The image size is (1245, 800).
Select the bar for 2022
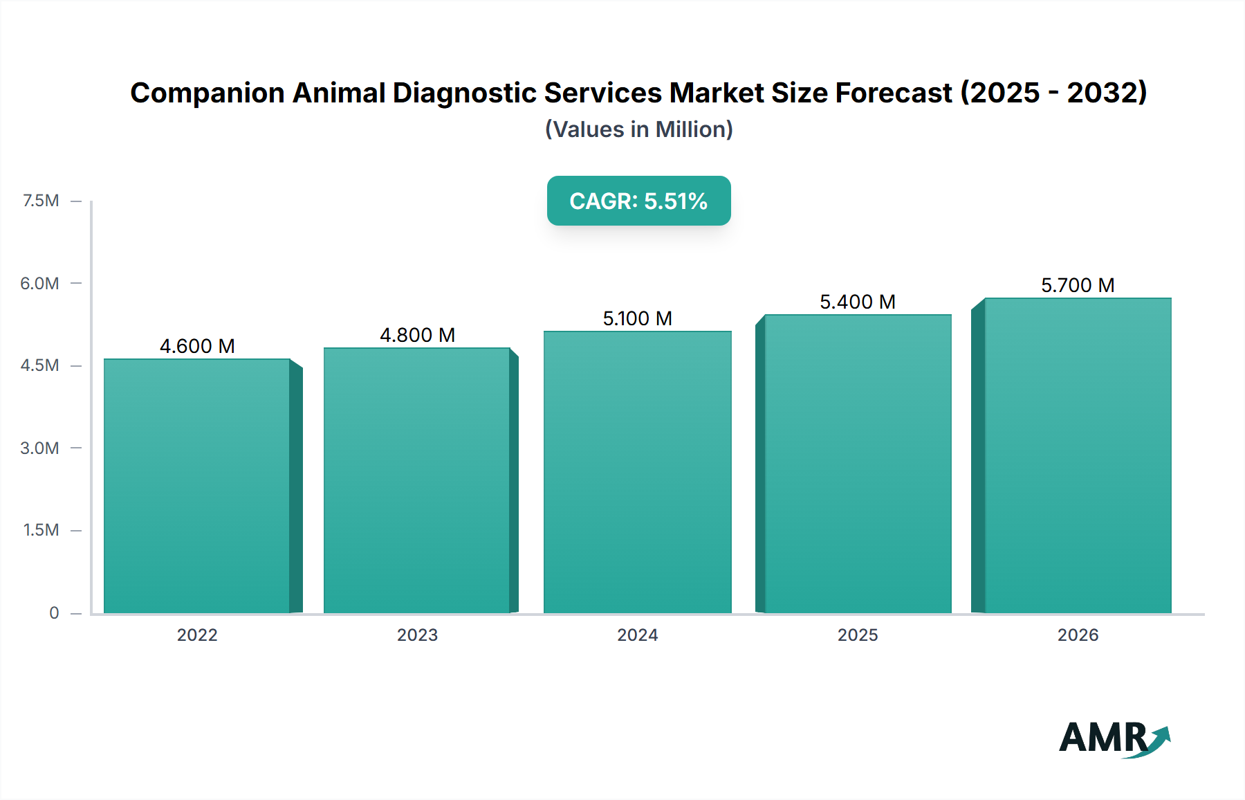(197, 486)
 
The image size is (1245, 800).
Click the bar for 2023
(417, 480)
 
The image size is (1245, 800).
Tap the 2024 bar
(637, 472)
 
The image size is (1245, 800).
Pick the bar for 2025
(858, 464)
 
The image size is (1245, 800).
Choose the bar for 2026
(1078, 455)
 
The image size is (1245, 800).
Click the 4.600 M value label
(197, 346)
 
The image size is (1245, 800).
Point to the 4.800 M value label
(417, 335)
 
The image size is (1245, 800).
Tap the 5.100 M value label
(637, 318)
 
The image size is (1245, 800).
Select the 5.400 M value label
(858, 302)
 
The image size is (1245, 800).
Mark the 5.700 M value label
(1078, 285)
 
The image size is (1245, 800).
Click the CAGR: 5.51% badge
(638, 201)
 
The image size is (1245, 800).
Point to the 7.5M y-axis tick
(41, 201)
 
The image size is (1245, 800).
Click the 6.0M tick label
(39, 283)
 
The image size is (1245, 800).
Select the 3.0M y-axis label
(39, 448)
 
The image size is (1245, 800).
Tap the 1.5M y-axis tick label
(41, 530)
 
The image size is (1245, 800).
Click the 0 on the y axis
(54, 612)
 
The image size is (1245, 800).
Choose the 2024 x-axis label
(637, 635)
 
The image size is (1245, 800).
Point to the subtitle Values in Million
(638, 129)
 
